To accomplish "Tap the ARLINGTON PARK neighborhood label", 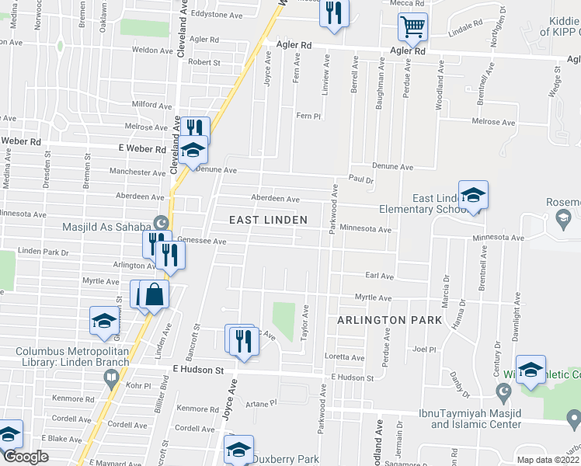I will coord(389,320).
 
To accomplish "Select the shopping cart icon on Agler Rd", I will coord(412,27).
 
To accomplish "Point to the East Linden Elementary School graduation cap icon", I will coord(472,195).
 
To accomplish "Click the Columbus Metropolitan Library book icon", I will coord(110,378).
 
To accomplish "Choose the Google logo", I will coord(26,457).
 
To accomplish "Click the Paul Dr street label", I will coord(361,179).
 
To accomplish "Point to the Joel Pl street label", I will coord(423,349).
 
